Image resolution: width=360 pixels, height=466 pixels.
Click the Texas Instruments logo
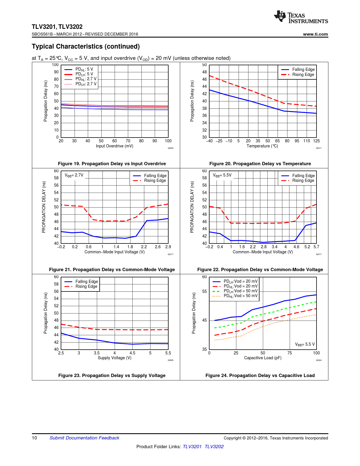pyautogui.click(x=301, y=17)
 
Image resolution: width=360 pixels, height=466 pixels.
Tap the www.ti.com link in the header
pyautogui.click(x=315, y=34)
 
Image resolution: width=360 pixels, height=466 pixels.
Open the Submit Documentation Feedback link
pyautogui.click(x=84, y=438)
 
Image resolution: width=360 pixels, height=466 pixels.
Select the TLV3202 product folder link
pyautogui.click(x=214, y=447)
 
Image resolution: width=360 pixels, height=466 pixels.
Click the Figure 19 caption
pyautogui.click(x=112, y=164)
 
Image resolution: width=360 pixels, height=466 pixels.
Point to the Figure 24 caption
pyautogui.click(x=260, y=375)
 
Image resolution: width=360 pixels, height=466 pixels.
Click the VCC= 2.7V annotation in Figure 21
pyautogui.click(x=74, y=175)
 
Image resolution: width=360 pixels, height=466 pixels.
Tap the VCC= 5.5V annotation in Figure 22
pyautogui.click(x=222, y=175)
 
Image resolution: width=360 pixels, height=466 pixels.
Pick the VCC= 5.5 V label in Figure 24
pyautogui.click(x=305, y=344)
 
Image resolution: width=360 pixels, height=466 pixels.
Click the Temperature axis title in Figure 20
pyautogui.click(x=262, y=146)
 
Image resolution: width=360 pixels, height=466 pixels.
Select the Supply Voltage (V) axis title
pyautogui.click(x=114, y=358)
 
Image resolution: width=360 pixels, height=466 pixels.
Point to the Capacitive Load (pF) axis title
pyautogui.click(x=263, y=358)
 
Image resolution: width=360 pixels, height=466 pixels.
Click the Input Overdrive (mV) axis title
pyautogui.click(x=114, y=146)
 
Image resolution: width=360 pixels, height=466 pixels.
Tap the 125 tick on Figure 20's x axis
pyautogui.click(x=316, y=141)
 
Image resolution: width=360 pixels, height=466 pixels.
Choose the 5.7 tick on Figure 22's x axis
pyautogui.click(x=316, y=247)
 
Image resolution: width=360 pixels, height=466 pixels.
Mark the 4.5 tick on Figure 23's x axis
pyautogui.click(x=132, y=353)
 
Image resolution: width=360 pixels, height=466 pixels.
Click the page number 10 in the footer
pyautogui.click(x=34, y=438)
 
